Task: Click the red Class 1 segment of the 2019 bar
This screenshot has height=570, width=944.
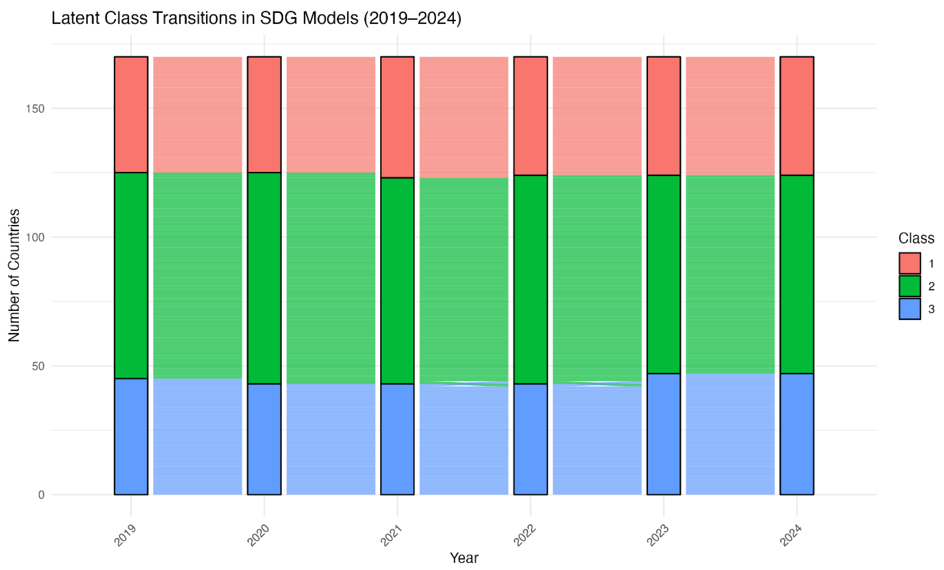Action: point(131,114)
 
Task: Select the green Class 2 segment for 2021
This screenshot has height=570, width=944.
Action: point(397,281)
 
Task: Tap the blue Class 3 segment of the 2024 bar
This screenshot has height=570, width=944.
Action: point(797,434)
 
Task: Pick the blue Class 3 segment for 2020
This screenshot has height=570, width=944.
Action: point(264,439)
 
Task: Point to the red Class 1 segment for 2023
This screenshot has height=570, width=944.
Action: point(664,116)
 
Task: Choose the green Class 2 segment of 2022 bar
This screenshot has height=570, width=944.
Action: point(531,279)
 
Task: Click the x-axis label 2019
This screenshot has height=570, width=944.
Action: point(125,535)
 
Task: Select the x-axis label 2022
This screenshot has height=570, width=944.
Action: point(525,535)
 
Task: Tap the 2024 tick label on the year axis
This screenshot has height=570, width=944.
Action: point(791,535)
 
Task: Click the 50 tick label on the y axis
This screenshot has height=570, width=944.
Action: point(38,366)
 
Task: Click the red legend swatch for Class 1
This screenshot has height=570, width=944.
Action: point(910,263)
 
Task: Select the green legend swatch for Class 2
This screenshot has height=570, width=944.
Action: point(910,286)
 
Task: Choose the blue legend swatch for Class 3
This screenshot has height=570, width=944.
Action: point(910,309)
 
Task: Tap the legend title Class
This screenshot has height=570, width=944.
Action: point(916,238)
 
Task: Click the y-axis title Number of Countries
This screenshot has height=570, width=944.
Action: point(14,275)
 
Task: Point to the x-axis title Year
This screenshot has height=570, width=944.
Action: point(464,558)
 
